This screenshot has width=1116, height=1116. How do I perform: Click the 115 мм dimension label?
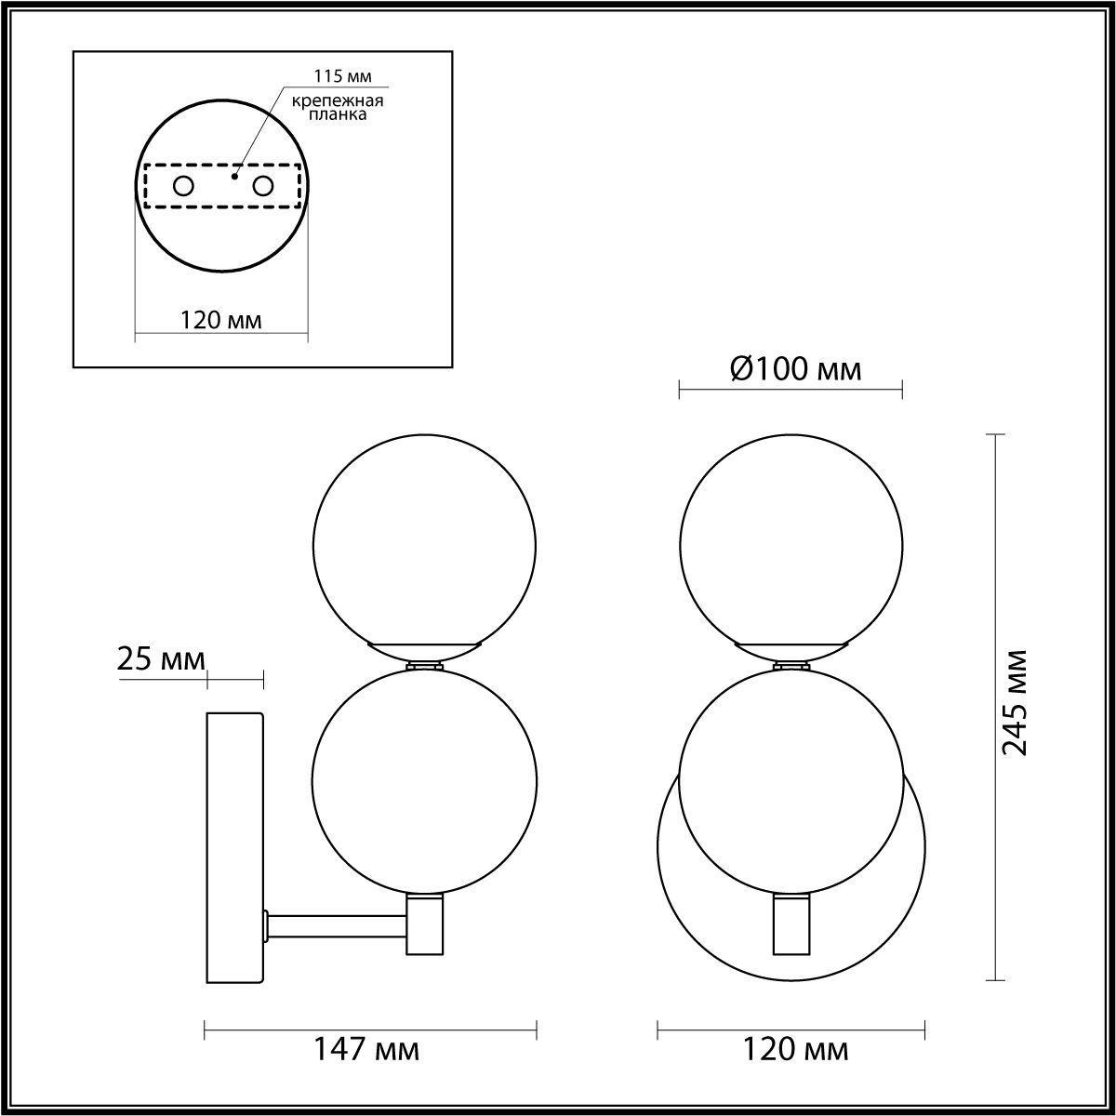click(342, 76)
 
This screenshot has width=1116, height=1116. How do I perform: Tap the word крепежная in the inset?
click(337, 100)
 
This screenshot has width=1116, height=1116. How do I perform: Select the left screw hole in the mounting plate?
click(183, 187)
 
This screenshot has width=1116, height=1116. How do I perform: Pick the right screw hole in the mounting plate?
click(262, 187)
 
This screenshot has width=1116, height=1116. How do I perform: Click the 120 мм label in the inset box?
click(220, 320)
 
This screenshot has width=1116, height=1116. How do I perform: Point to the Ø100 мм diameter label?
click(796, 369)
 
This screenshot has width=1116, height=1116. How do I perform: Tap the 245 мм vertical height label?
click(1014, 703)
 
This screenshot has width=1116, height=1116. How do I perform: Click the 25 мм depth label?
click(161, 659)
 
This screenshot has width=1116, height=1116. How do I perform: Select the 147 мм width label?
click(366, 1049)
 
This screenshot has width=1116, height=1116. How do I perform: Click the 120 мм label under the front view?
click(795, 1049)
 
